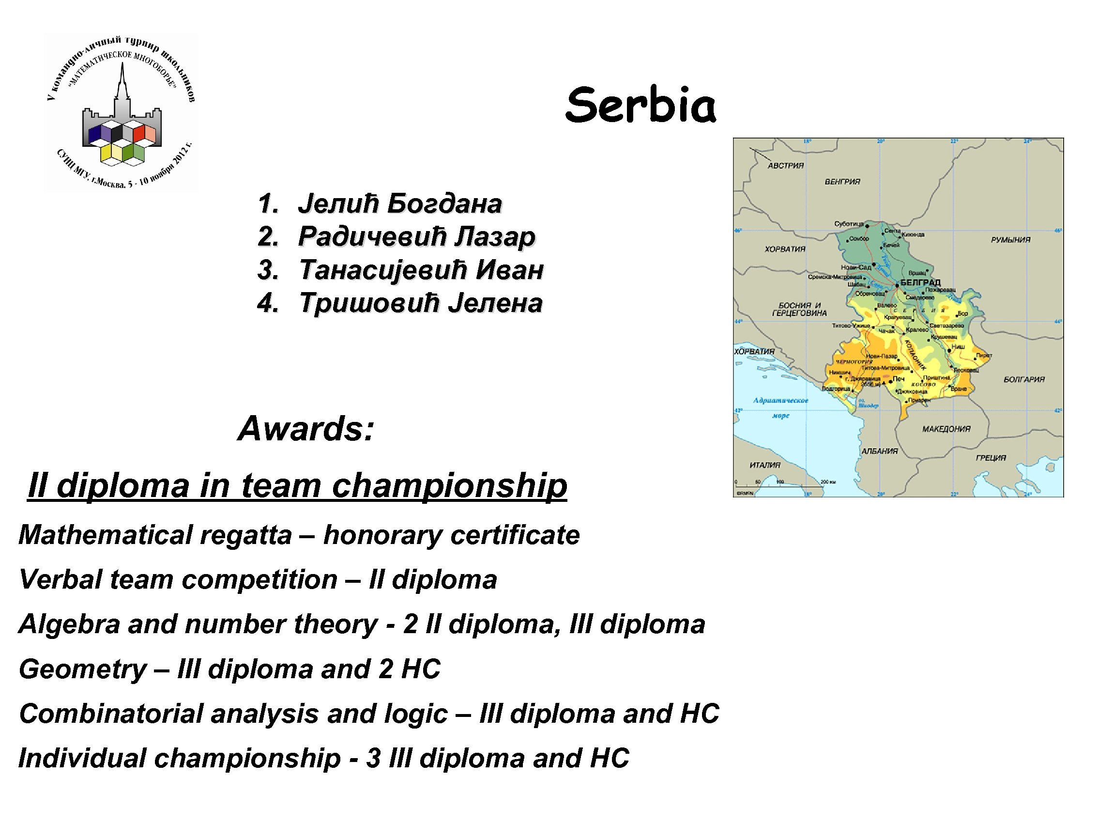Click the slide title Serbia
[640, 105]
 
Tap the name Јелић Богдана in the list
[399, 203]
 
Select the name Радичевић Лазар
[416, 236]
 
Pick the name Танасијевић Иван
[421, 270]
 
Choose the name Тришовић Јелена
[420, 303]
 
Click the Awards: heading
[306, 428]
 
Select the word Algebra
[69, 624]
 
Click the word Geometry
[82, 669]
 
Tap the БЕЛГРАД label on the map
[920, 282]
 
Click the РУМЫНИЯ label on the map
[1011, 240]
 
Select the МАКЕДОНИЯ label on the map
[946, 429]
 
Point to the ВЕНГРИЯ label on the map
[842, 182]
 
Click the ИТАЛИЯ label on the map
[765, 465]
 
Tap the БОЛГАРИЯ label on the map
[1024, 379]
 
